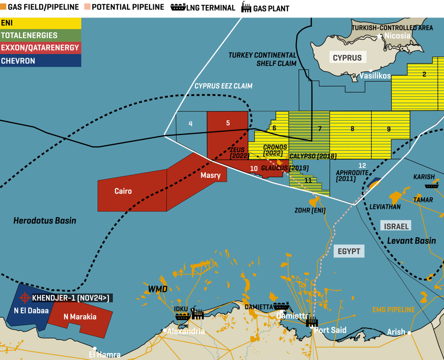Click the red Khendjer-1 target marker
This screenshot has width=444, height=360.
click(x=25, y=297)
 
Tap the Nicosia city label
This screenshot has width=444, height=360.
click(x=397, y=36)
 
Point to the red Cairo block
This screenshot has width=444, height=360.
click(x=123, y=191)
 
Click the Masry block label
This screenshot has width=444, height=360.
click(x=211, y=175)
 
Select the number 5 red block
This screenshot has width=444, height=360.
click(x=228, y=123)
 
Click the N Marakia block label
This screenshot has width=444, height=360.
click(x=80, y=317)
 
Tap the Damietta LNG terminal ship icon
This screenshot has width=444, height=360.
click(x=281, y=306)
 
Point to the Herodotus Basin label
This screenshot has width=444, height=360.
click(x=45, y=221)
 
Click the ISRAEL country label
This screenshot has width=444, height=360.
click(x=396, y=226)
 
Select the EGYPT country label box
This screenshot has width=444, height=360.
click(x=349, y=251)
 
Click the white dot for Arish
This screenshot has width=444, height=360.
click(x=409, y=333)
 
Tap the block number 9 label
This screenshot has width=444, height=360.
click(x=388, y=129)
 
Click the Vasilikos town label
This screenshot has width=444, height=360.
click(x=376, y=76)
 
